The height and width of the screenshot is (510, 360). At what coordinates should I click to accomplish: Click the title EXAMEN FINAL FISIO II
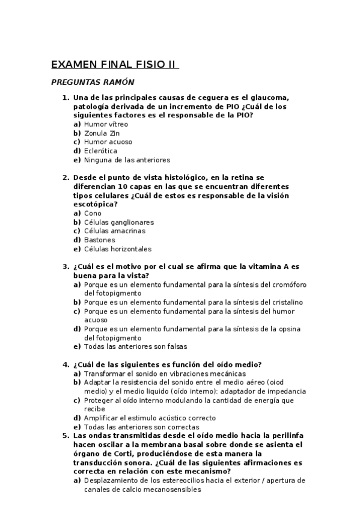point(114,65)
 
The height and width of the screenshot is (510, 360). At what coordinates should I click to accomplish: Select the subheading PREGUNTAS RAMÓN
point(93,82)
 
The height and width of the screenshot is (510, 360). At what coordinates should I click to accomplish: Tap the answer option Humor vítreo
point(106,124)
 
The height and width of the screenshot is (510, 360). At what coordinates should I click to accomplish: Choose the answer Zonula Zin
point(102,134)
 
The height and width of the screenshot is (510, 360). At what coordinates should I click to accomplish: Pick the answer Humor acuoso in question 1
point(108,143)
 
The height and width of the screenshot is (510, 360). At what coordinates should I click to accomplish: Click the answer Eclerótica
point(100,152)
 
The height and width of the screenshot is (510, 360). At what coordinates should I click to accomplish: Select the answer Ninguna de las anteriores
point(127,161)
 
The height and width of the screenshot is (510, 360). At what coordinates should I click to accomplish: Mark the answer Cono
point(93,214)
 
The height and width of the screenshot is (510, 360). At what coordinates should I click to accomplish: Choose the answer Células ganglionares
point(119,223)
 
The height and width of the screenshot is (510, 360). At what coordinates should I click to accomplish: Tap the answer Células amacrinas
point(114,231)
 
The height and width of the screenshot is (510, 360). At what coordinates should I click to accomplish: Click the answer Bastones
point(99,240)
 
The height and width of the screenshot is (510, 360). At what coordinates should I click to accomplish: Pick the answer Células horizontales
point(118,249)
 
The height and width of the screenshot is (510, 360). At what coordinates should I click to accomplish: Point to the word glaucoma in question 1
point(271,98)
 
